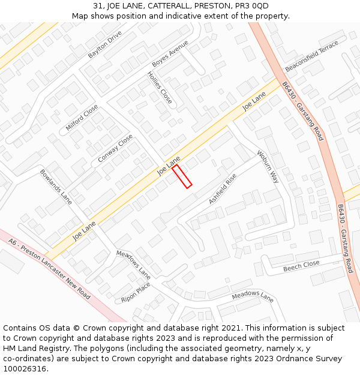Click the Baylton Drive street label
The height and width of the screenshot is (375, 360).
105,44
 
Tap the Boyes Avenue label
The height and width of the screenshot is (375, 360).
170,54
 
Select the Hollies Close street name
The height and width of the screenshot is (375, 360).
160,88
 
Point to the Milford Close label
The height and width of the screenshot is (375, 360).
82,119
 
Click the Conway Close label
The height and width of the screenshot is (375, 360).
115,149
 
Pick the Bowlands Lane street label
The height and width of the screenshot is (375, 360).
56,187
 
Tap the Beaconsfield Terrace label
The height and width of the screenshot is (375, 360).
324,56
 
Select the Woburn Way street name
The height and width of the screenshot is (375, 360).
268,166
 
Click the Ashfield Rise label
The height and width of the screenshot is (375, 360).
223,189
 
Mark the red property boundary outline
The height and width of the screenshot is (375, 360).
182,176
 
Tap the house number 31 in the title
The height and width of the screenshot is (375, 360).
98,6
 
